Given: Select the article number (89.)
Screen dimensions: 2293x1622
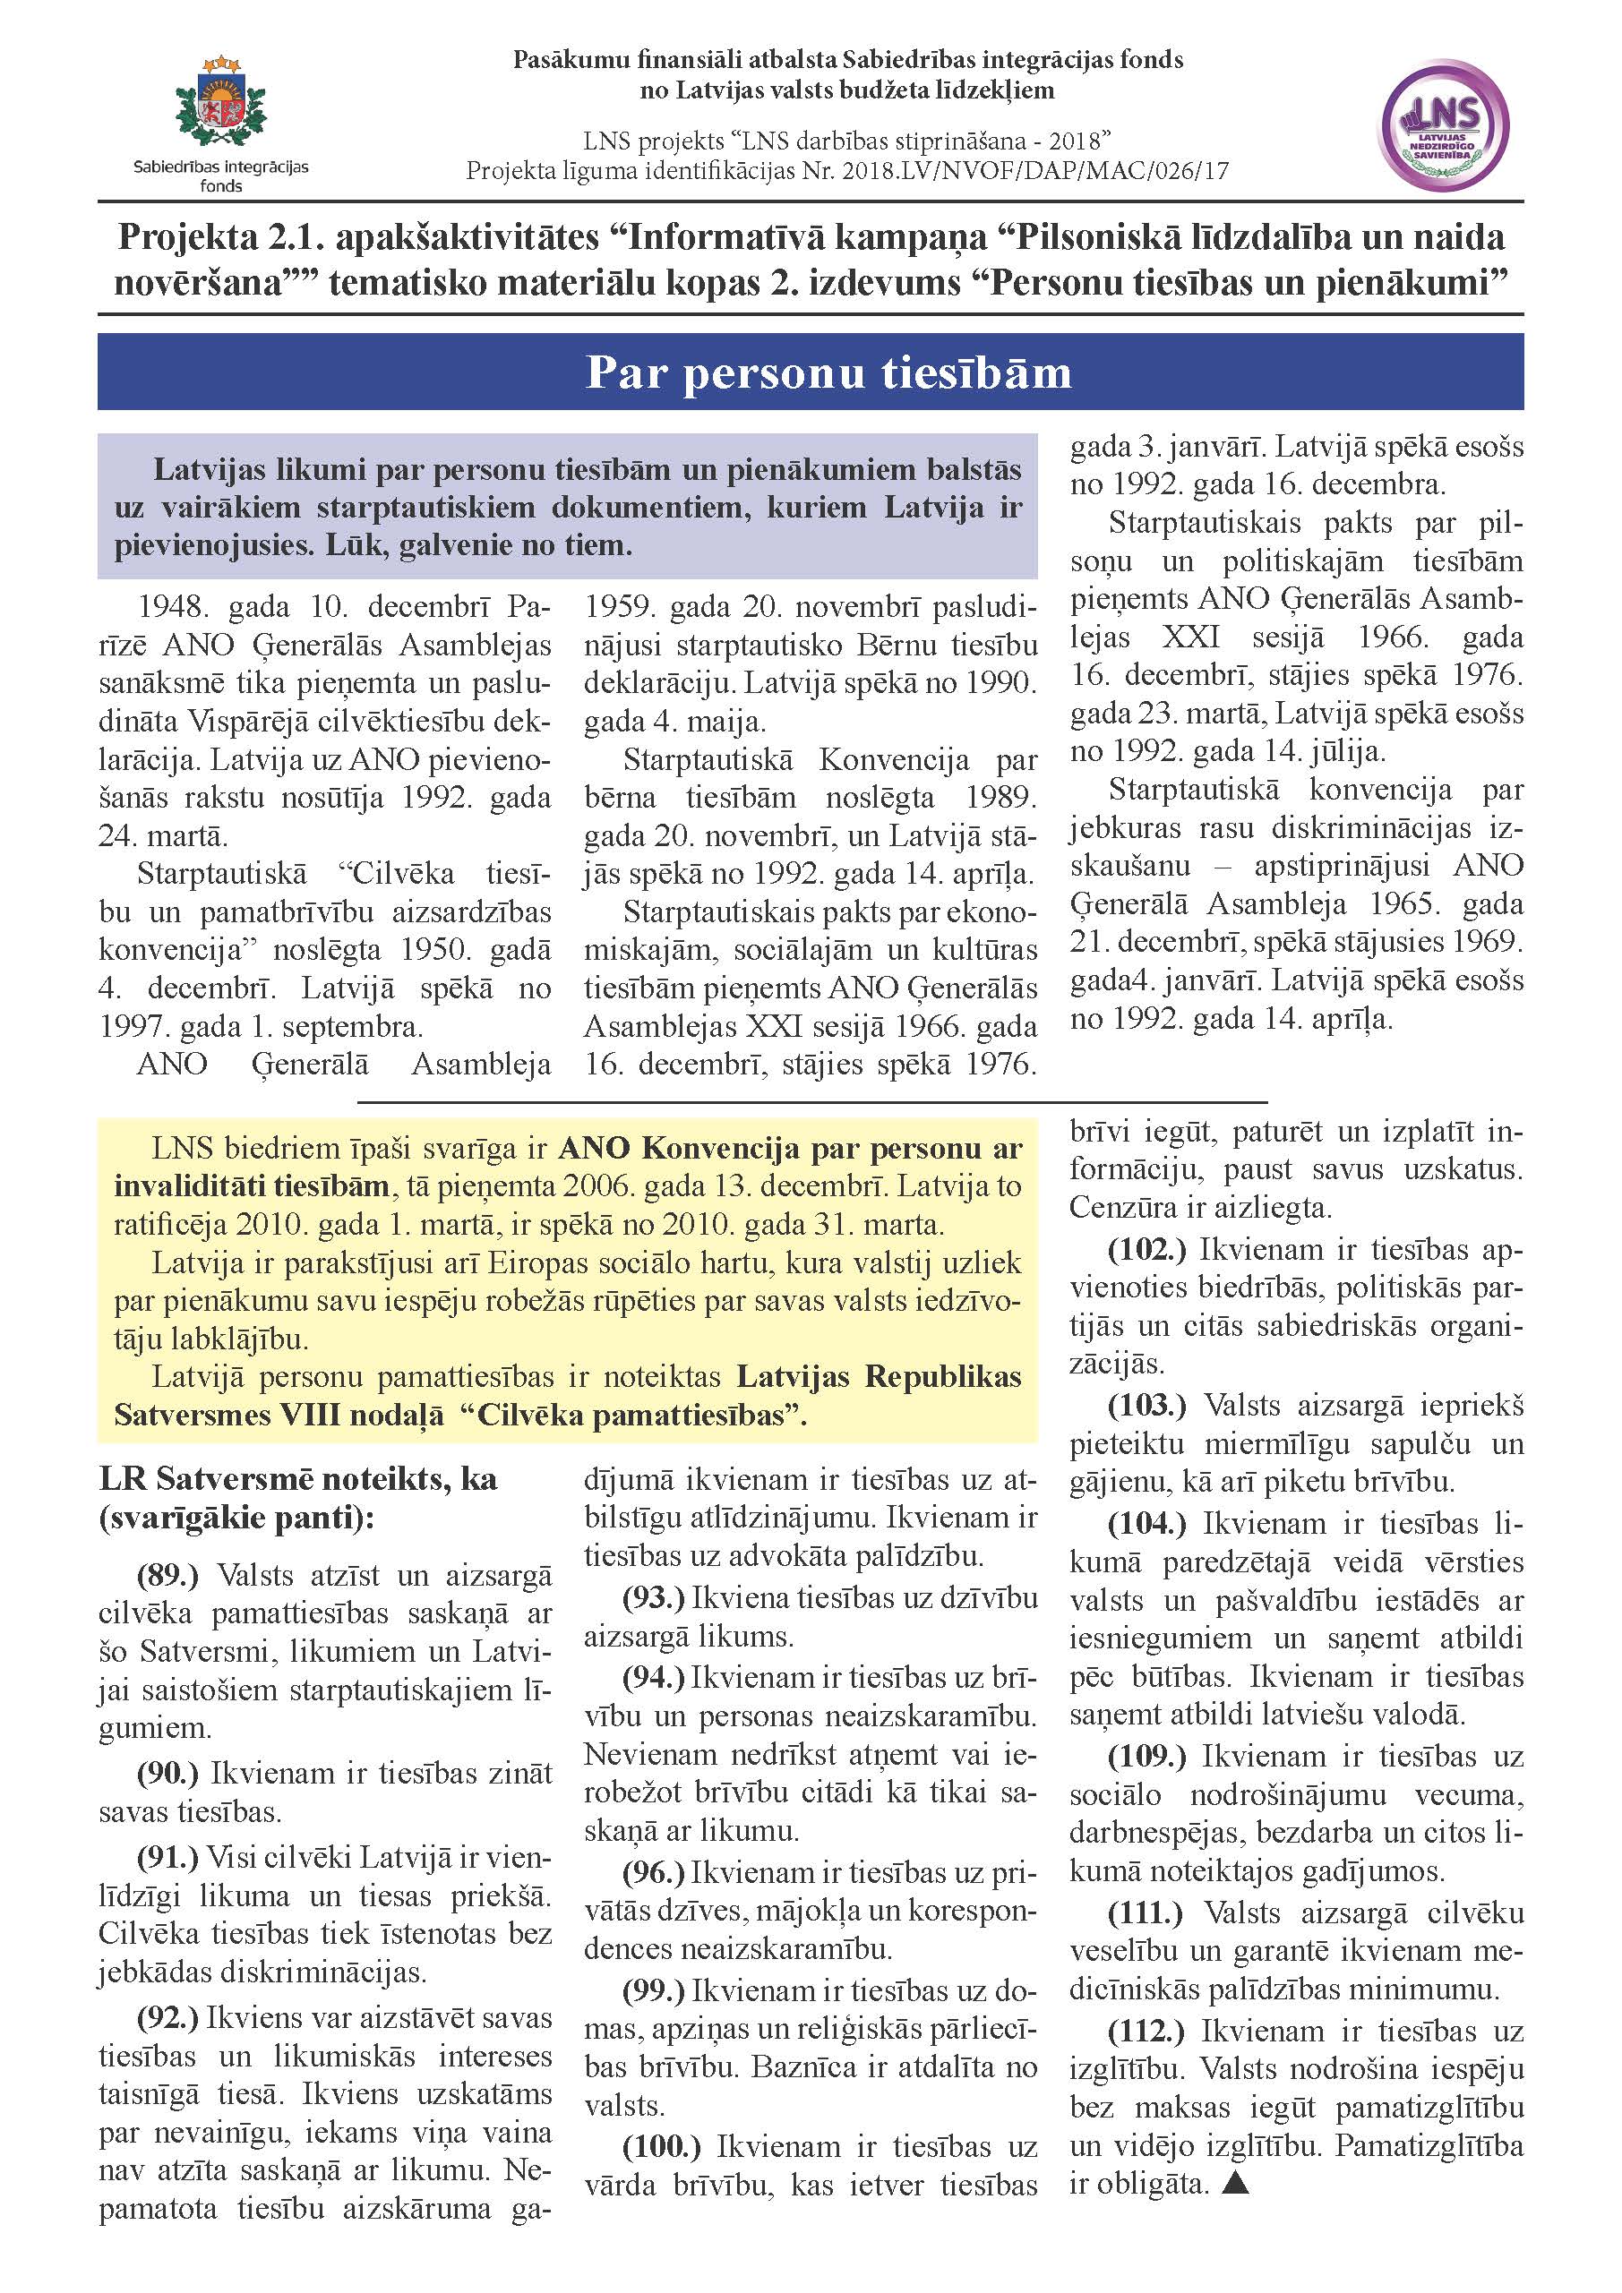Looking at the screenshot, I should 167,1575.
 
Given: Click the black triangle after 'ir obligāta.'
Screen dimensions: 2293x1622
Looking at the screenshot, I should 1235,2183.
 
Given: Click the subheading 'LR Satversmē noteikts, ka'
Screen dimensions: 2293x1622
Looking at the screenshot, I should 297,1478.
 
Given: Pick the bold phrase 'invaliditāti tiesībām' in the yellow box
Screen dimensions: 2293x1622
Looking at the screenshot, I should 251,1185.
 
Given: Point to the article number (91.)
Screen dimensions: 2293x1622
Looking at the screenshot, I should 167,1857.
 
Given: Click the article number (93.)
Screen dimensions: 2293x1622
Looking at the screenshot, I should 653,1598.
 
